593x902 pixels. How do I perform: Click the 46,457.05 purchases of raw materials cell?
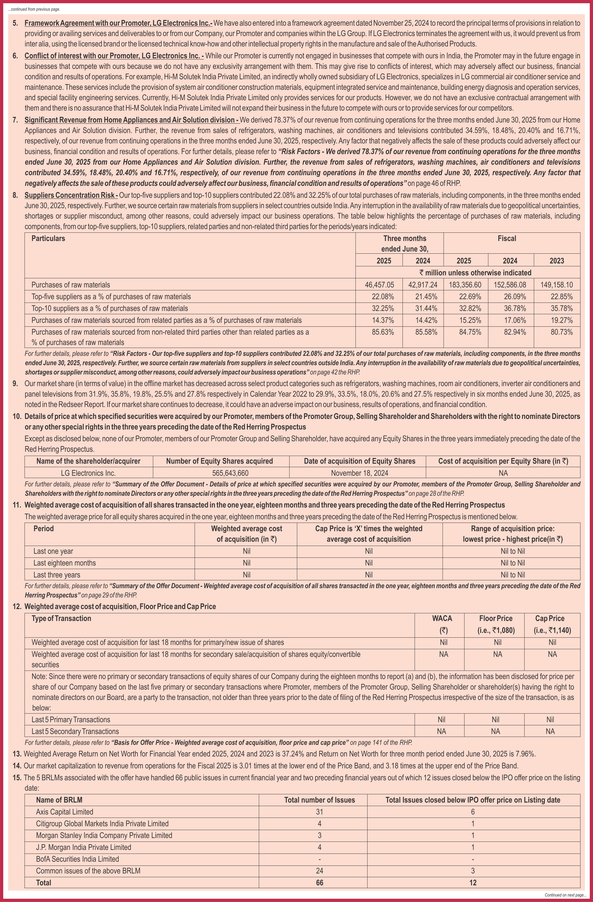[379, 285]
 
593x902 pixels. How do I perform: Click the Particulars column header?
[48, 238]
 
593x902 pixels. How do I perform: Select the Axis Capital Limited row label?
[64, 811]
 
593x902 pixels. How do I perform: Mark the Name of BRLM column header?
[59, 800]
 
